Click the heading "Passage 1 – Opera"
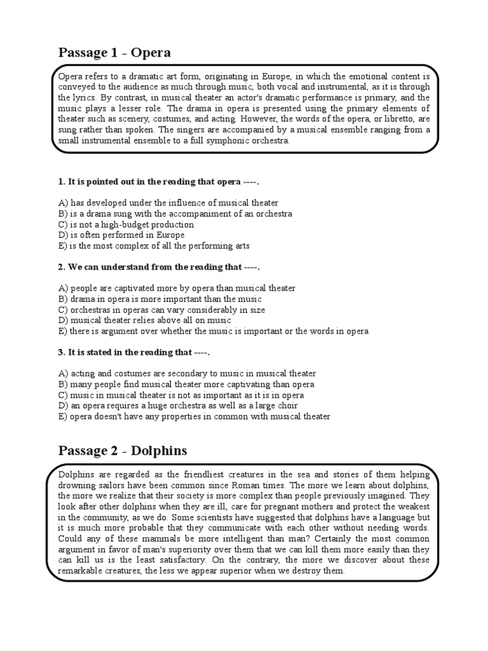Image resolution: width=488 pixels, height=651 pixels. (114, 51)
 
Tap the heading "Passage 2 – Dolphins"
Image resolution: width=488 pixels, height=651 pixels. (123, 451)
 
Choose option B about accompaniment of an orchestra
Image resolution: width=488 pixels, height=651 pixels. (175, 214)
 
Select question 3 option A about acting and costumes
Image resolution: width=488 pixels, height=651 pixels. (187, 374)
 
